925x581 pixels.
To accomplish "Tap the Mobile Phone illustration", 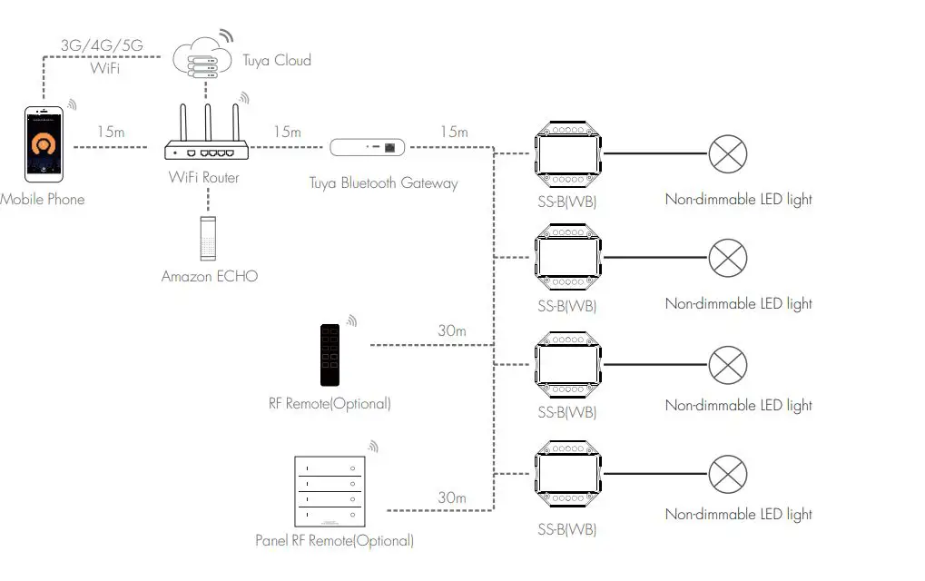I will (x=44, y=143).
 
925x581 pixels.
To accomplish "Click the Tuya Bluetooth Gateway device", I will (x=367, y=146).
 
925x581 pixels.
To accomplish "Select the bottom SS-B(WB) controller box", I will (x=567, y=474).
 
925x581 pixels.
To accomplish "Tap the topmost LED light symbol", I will (x=726, y=154).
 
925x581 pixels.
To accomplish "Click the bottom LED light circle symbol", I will (x=726, y=474).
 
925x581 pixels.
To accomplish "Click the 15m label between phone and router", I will (x=111, y=133).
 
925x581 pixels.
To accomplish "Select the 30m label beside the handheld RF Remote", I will (x=451, y=331).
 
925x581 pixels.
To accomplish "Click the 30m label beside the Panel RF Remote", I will (x=451, y=497).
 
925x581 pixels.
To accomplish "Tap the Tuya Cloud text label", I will (x=276, y=61).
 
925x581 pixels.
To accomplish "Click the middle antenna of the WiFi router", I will (x=208, y=123).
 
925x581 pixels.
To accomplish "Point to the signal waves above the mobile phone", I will (x=71, y=105).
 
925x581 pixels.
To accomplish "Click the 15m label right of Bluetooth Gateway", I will (x=454, y=133).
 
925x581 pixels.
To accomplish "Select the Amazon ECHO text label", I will (x=209, y=276).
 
